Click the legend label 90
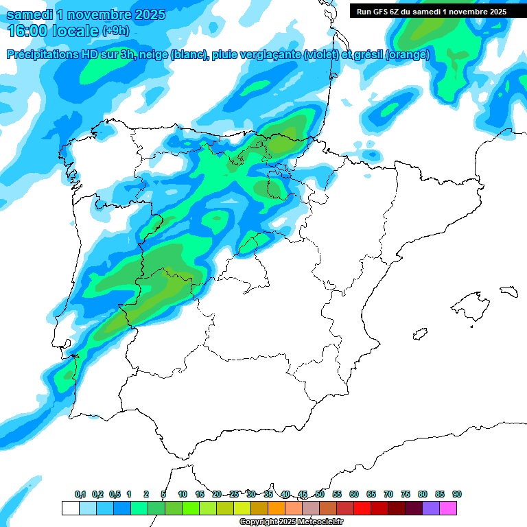point(457,494)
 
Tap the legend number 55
point(337,494)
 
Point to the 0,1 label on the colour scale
point(80,494)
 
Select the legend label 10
point(183,494)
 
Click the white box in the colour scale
point(70,508)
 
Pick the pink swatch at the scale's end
point(448,508)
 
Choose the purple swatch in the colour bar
point(431,508)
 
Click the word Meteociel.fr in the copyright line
point(320,522)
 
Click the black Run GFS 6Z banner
point(431,11)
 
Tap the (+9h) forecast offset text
point(115,31)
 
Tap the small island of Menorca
point(508,292)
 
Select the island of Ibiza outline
point(419,334)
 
